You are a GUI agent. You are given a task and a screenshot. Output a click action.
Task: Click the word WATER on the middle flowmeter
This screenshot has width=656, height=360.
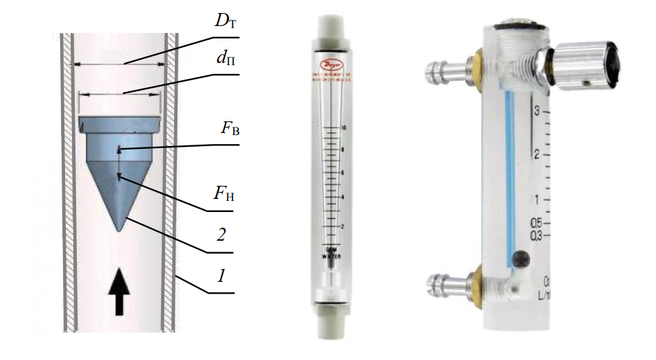click(331, 256)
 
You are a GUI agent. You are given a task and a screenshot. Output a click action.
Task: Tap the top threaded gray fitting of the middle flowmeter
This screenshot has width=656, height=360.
click(332, 27)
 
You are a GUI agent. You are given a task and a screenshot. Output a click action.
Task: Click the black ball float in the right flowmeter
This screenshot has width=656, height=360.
click(522, 259)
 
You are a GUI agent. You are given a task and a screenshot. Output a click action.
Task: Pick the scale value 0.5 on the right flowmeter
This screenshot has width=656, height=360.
click(537, 223)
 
